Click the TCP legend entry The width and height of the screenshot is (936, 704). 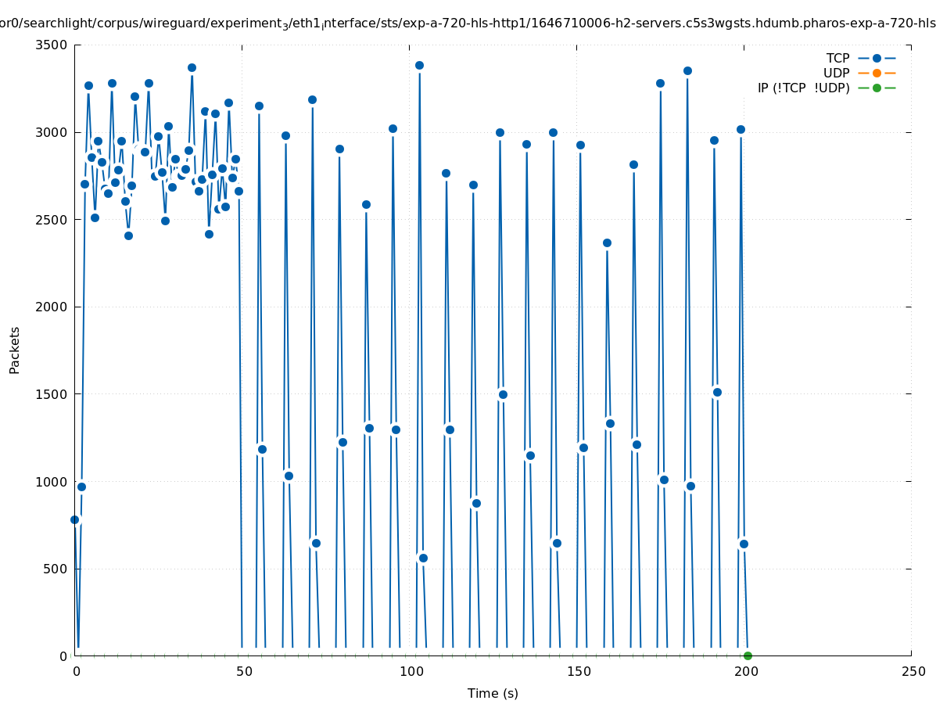point(837,58)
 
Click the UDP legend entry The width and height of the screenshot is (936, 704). point(836,73)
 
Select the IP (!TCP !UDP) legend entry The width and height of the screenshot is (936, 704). point(803,88)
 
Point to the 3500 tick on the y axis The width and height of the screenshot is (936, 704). point(52,45)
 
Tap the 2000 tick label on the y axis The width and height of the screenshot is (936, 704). point(52,307)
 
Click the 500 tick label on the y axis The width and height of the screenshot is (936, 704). point(55,569)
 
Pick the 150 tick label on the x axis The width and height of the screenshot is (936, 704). point(577,672)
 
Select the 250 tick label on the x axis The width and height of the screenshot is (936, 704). point(912,672)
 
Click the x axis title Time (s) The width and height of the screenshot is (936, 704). point(493,694)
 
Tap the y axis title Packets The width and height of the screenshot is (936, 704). point(15,350)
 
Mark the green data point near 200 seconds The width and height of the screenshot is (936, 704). point(748,656)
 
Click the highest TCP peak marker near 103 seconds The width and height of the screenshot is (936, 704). point(419,65)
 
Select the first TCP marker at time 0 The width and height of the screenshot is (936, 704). point(75,519)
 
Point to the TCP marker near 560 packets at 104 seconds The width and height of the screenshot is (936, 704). point(423,558)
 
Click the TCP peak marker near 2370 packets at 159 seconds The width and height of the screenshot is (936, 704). point(607,242)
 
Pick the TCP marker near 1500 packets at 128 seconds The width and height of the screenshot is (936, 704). point(503,394)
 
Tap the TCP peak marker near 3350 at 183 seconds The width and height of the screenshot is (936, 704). point(687,70)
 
